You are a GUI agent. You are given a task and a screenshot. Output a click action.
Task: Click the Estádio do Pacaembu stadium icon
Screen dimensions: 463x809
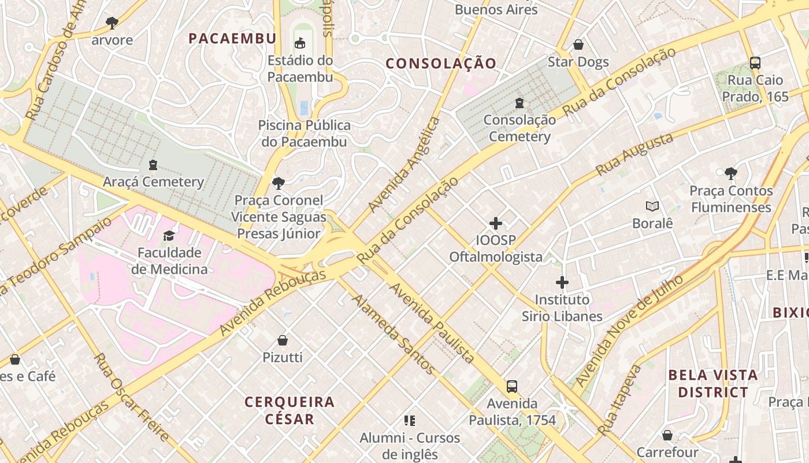click(300, 43)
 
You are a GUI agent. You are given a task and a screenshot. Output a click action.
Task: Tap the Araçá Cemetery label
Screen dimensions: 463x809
click(153, 182)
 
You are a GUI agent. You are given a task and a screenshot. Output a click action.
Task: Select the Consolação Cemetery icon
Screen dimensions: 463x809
click(519, 103)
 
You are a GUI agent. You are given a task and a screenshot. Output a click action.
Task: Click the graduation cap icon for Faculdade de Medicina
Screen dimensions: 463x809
click(169, 236)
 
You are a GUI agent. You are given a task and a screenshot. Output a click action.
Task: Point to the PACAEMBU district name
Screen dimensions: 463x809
click(232, 39)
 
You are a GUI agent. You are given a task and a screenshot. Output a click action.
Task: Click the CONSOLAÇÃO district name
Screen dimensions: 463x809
click(441, 64)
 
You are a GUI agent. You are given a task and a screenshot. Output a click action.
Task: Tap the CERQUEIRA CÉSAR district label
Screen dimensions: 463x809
click(290, 410)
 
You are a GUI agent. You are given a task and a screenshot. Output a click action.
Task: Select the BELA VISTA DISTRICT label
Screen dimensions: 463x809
click(712, 383)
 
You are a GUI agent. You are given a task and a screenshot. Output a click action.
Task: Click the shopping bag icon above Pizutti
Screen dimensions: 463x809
click(283, 340)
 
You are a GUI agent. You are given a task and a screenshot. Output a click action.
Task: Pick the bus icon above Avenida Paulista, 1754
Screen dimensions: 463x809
click(511, 386)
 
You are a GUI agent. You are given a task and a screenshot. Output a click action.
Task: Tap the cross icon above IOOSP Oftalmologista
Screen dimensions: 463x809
click(495, 223)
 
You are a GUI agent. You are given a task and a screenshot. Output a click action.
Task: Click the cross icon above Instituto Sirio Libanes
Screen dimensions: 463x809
click(562, 282)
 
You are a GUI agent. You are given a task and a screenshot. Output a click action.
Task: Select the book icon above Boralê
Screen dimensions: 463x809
click(652, 206)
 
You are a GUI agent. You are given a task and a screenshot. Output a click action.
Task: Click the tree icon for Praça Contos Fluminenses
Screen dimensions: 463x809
click(730, 173)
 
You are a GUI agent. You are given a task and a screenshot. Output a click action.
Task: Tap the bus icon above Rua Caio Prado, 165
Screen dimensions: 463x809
click(755, 63)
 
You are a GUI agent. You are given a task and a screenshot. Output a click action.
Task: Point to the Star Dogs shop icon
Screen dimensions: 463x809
click(578, 45)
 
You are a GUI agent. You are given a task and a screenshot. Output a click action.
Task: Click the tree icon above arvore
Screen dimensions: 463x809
click(112, 23)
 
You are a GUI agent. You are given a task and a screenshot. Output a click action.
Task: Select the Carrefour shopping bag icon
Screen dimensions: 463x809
click(667, 435)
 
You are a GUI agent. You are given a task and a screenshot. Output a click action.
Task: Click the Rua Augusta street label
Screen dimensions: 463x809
click(634, 154)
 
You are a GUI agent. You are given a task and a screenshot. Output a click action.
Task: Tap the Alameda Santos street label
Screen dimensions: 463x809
click(392, 334)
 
